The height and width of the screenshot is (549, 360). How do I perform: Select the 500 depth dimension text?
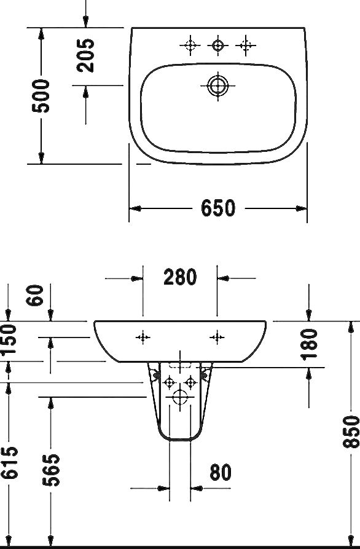click(42, 95)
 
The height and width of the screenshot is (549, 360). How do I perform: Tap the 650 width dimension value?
click(218, 208)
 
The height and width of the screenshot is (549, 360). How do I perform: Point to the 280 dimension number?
click(180, 277)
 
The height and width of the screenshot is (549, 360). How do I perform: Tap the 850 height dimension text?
click(351, 431)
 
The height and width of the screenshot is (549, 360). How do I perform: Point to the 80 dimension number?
click(220, 472)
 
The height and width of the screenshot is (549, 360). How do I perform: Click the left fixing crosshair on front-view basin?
click(143, 336)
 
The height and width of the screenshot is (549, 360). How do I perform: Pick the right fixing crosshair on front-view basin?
click(216, 336)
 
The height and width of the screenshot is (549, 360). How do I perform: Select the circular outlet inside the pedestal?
click(180, 398)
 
